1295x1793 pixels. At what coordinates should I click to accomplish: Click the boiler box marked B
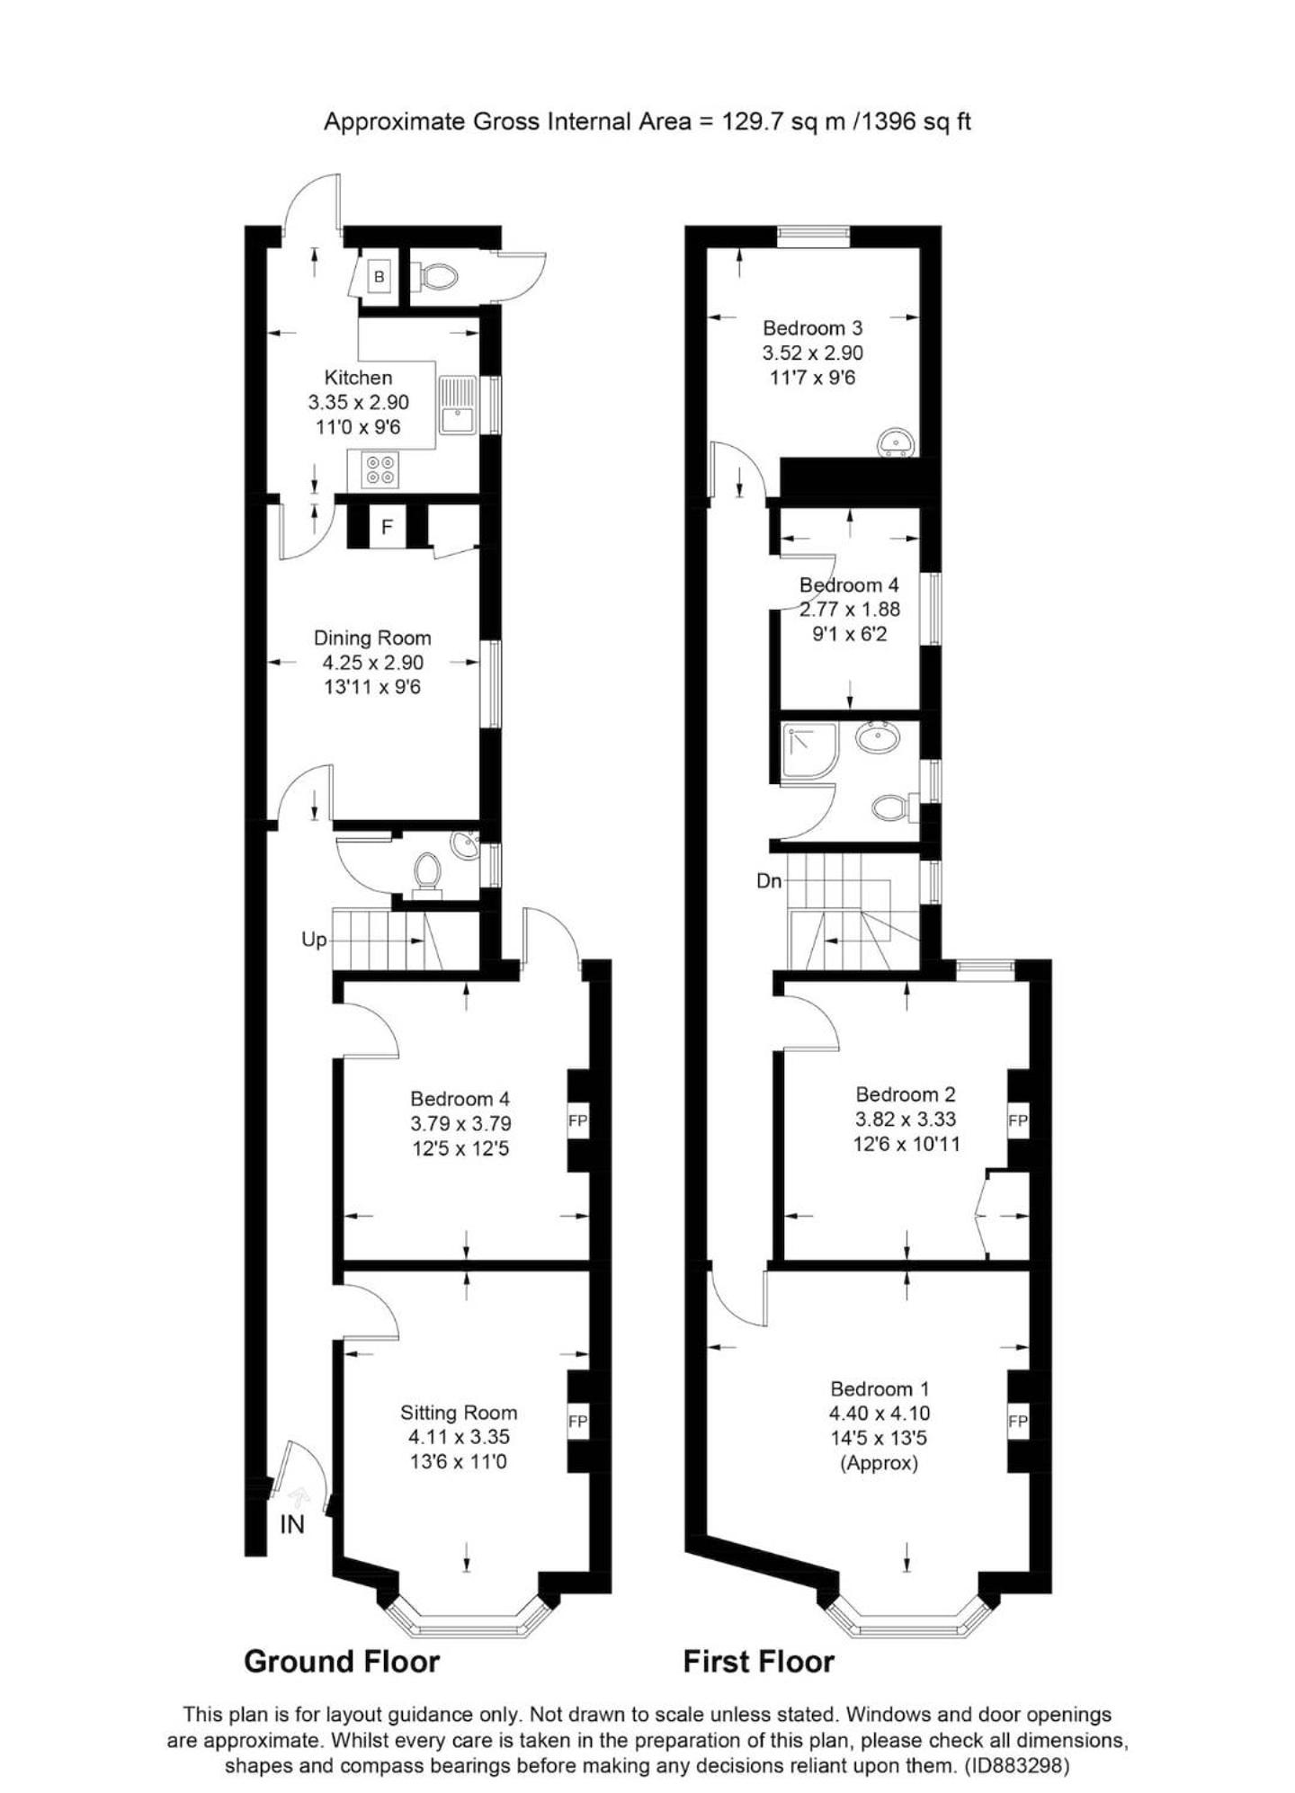[x=380, y=277]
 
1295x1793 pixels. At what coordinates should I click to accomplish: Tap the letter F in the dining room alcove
[x=388, y=526]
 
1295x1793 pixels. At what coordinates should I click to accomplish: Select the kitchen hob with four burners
[x=380, y=470]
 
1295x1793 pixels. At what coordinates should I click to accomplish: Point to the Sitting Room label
[x=459, y=1413]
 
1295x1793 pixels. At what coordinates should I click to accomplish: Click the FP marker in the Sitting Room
[x=577, y=1422]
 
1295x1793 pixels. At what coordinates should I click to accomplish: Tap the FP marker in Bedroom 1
[x=1018, y=1422]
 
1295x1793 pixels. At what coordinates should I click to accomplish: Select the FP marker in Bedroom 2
[x=1018, y=1121]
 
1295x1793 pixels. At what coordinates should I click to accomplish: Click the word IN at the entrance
[x=292, y=1524]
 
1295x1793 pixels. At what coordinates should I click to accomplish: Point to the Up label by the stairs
[x=314, y=940]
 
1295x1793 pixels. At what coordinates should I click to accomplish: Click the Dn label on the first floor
[x=769, y=881]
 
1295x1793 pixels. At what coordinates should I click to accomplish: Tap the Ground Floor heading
[x=342, y=1662]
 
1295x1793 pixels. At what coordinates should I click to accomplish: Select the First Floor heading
[x=759, y=1662]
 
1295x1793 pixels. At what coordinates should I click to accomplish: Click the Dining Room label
[x=372, y=638]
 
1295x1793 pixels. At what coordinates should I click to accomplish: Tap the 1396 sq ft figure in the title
[x=916, y=121]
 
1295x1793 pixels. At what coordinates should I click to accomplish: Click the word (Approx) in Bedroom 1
[x=880, y=1463]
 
